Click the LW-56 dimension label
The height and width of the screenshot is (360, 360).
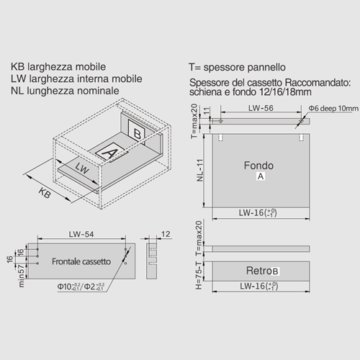click(x=261, y=108)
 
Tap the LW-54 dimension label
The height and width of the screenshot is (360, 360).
click(x=81, y=234)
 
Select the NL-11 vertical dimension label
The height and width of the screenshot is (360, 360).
click(x=199, y=170)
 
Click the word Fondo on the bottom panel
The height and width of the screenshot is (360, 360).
click(x=258, y=166)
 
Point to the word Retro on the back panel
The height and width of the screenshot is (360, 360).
click(x=256, y=271)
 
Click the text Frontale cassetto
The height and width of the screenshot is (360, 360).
click(x=81, y=261)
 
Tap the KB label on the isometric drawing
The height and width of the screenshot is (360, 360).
click(x=45, y=193)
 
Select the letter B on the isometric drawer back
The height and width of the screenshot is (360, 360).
click(x=137, y=134)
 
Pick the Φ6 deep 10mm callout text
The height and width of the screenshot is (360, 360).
click(x=333, y=108)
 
